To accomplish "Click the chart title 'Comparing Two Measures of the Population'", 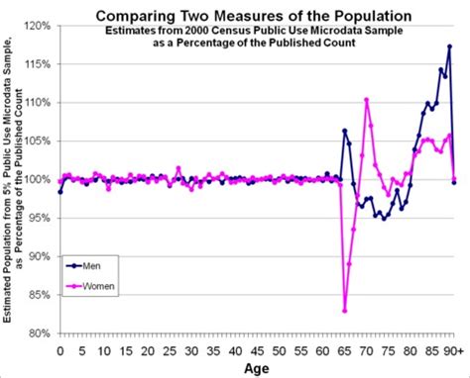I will point(247,15).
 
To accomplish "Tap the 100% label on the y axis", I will point(38,179).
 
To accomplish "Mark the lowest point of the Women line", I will point(345,311).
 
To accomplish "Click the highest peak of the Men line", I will point(449,47).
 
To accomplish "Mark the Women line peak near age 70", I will point(367,100).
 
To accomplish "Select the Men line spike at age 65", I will point(345,131).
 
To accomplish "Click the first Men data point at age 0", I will point(60,191).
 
